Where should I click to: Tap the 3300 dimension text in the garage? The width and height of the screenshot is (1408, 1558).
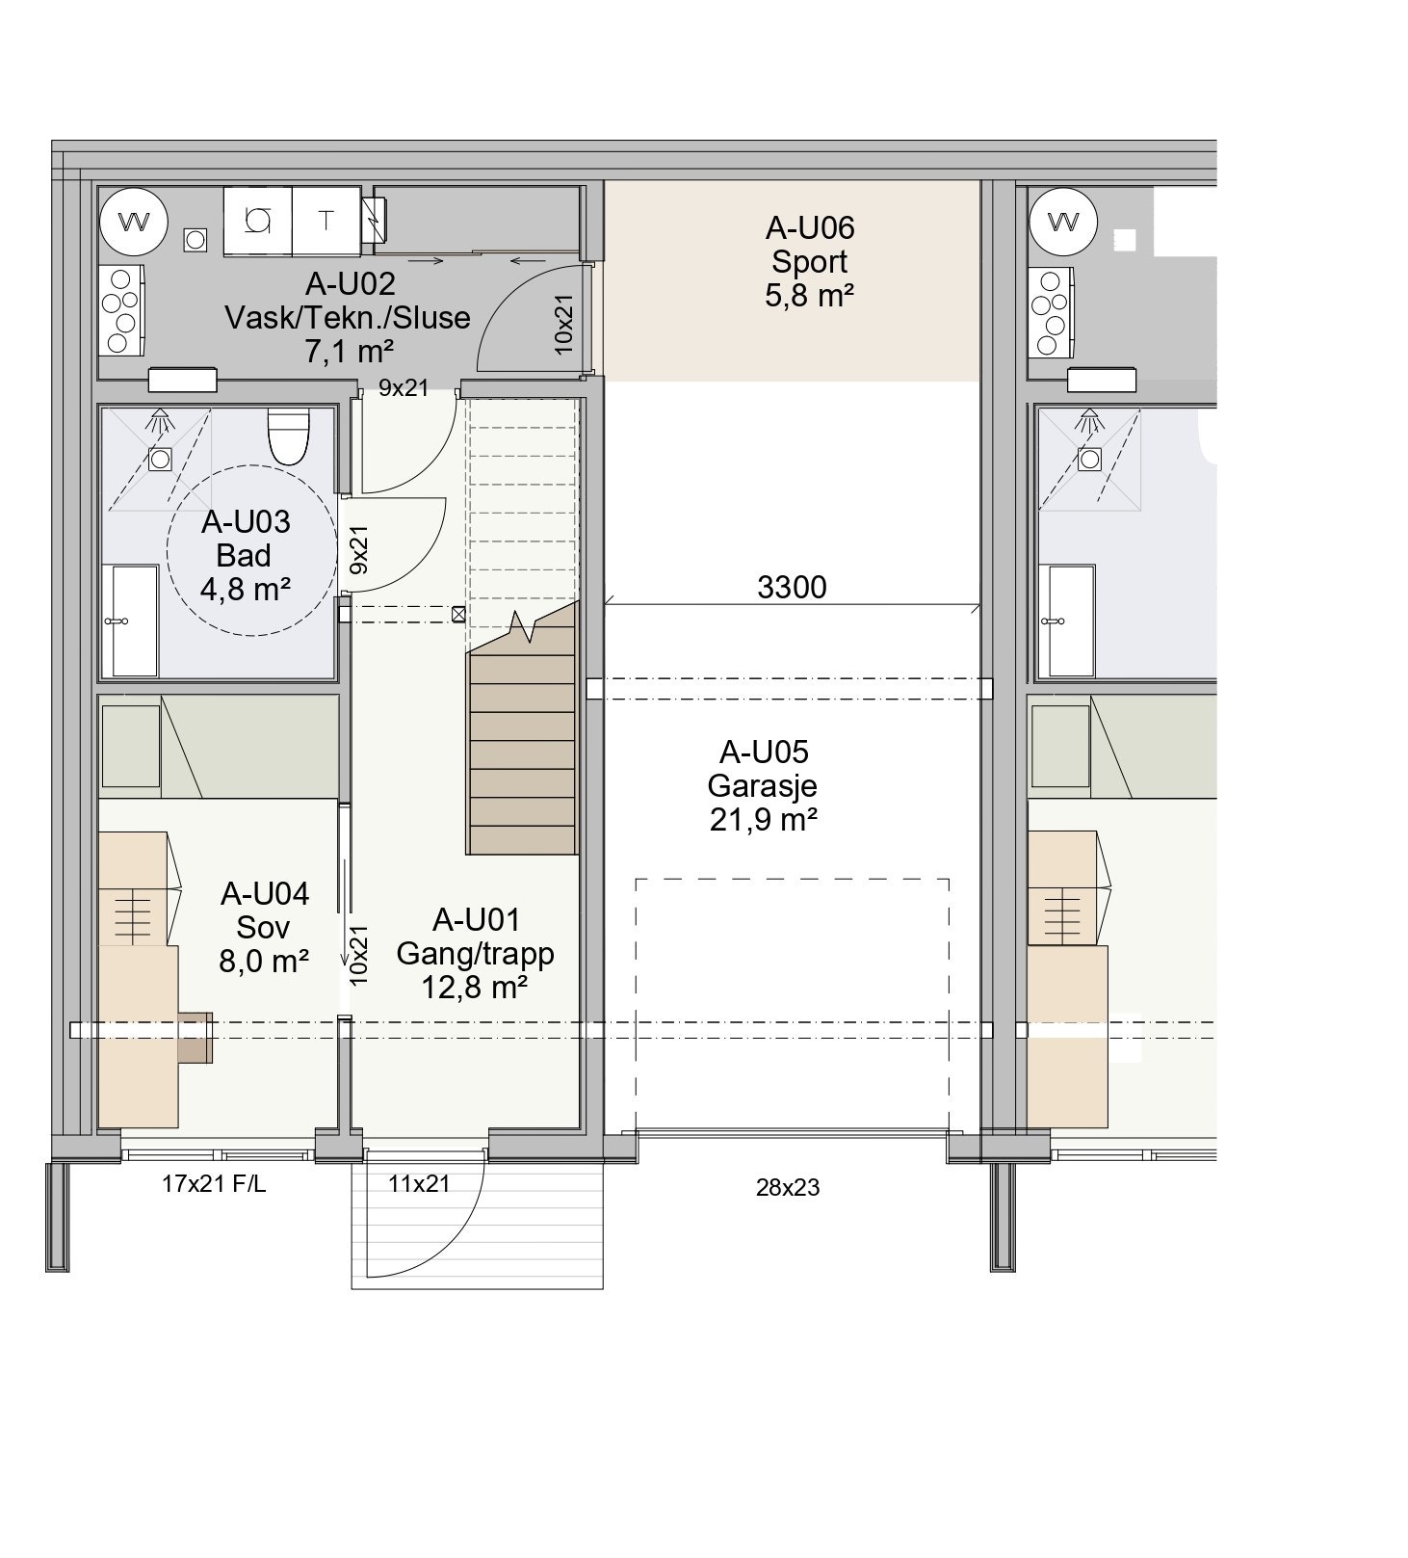tap(792, 587)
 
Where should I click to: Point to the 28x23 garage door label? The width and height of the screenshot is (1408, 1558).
tap(788, 1188)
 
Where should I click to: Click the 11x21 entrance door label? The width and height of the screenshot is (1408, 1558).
tap(419, 1184)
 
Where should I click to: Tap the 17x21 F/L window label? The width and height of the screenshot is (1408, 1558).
tap(214, 1184)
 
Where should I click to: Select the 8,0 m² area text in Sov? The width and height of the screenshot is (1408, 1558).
tap(264, 961)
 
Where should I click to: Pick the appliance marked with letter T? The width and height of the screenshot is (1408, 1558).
tap(326, 222)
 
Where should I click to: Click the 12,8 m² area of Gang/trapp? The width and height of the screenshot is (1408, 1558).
tap(475, 987)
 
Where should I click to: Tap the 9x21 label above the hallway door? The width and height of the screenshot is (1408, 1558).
tap(404, 388)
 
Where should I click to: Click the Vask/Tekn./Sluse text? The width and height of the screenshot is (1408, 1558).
tap(348, 317)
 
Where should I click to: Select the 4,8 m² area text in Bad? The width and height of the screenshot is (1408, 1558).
tap(246, 589)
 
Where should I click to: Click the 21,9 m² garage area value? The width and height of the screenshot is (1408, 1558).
tap(763, 820)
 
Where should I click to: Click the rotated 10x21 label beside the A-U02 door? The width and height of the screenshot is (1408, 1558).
tap(565, 324)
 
